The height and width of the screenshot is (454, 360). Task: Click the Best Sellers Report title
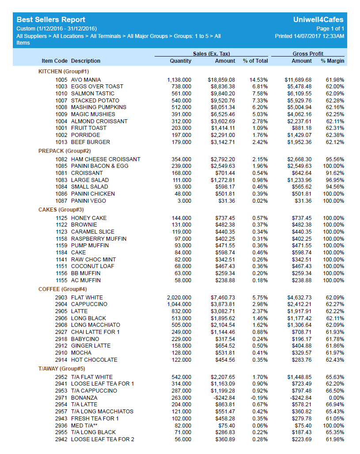click(51, 20)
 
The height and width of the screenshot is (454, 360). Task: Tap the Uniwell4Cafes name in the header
click(318, 20)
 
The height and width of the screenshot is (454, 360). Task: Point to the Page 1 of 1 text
click(330, 29)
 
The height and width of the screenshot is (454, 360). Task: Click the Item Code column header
click(55, 61)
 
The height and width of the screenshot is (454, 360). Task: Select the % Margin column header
click(332, 61)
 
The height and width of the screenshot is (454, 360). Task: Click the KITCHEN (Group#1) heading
click(64, 72)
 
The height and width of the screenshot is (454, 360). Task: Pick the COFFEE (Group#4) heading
click(63, 289)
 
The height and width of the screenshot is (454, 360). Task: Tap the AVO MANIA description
click(86, 80)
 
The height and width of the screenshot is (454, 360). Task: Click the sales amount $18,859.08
click(221, 80)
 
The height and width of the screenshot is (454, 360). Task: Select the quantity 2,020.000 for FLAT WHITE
click(179, 298)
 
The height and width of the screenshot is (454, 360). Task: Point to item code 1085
click(61, 166)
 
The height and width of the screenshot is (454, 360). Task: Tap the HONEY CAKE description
click(89, 218)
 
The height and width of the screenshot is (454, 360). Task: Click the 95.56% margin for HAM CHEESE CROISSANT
click(335, 159)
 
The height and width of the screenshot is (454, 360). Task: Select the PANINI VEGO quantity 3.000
click(184, 201)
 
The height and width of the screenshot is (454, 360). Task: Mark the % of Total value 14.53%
click(258, 80)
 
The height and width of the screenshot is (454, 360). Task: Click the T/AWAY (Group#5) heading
click(62, 369)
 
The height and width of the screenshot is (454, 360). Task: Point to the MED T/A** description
click(84, 425)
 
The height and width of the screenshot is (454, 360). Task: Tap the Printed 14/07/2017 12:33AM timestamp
click(309, 36)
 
